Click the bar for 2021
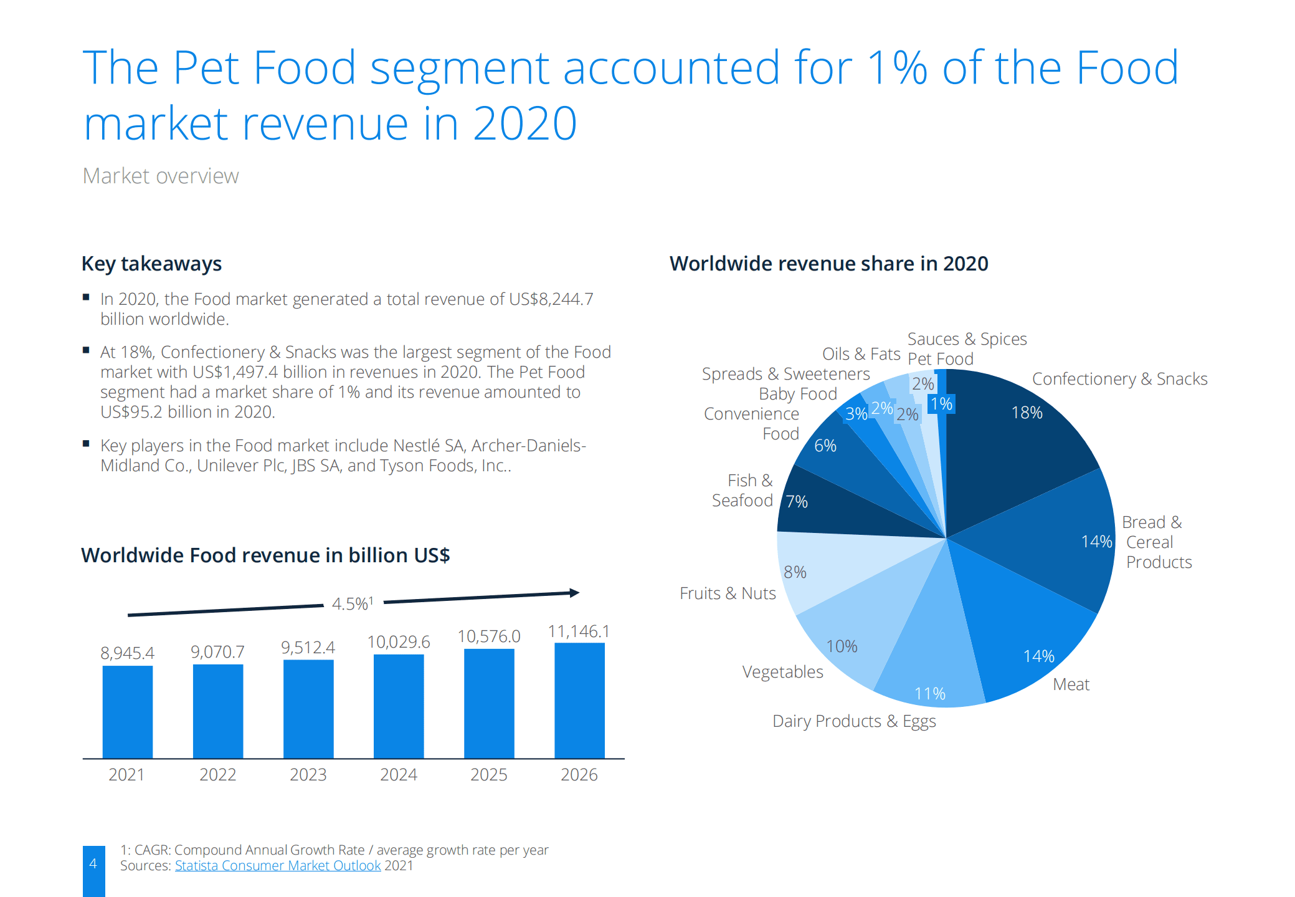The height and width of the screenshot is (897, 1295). click(x=127, y=711)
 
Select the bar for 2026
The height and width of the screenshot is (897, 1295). click(x=579, y=700)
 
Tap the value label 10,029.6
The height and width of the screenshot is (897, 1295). click(x=399, y=641)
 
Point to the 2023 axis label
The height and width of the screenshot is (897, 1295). click(x=308, y=774)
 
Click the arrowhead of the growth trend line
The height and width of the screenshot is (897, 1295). click(x=574, y=593)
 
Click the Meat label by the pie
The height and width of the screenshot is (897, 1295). click(x=1071, y=684)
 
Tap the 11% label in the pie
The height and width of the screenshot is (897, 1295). click(x=929, y=693)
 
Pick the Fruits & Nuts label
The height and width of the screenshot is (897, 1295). click(x=728, y=593)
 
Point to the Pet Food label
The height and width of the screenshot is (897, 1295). click(x=941, y=359)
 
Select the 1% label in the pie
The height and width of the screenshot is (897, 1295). click(x=941, y=404)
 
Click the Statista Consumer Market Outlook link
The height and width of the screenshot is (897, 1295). click(x=278, y=866)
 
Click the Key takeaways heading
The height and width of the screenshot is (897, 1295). click(x=151, y=264)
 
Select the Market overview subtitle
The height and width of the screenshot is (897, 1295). click(x=161, y=176)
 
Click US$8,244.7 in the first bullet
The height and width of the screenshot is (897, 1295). click(x=551, y=299)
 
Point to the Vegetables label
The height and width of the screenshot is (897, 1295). click(x=782, y=672)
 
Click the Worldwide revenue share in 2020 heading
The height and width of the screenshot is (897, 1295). click(x=828, y=264)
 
